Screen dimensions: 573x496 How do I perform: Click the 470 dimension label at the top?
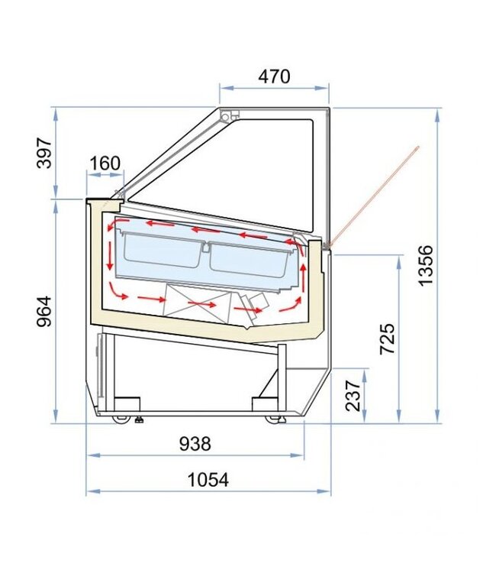tap(274, 76)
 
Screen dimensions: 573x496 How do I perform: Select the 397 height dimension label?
tap(45, 154)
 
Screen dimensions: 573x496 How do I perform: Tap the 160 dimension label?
tap(105, 163)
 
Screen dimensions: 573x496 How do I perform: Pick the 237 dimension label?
tap(352, 395)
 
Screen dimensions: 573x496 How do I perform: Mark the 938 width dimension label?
tap(195, 443)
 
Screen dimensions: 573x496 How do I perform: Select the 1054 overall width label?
tap(208, 480)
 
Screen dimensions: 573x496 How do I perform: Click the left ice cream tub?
tap(159, 251)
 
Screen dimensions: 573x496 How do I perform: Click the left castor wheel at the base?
tap(120, 418)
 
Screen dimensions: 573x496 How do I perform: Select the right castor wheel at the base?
tap(273, 418)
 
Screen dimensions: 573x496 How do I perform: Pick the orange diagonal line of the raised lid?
tap(375, 196)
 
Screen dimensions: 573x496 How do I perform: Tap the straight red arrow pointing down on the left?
tap(110, 255)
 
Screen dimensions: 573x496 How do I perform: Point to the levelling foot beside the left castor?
tap(140, 419)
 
